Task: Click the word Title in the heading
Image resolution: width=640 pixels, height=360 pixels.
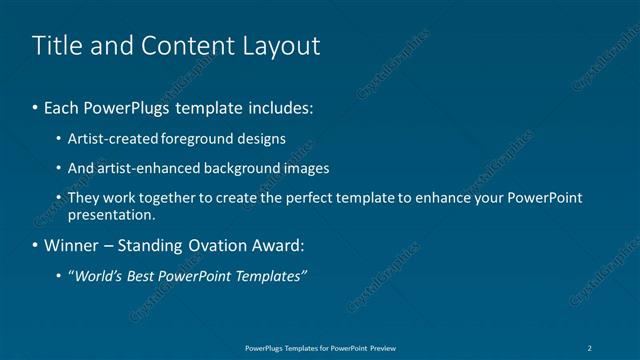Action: (55, 45)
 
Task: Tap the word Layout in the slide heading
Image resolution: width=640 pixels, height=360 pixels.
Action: (283, 45)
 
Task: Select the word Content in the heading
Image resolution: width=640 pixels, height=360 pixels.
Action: (185, 45)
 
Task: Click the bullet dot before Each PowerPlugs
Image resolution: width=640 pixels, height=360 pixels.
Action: (36, 105)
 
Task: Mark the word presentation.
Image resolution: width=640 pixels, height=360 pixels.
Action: (112, 214)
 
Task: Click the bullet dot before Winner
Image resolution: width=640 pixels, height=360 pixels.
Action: (36, 245)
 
